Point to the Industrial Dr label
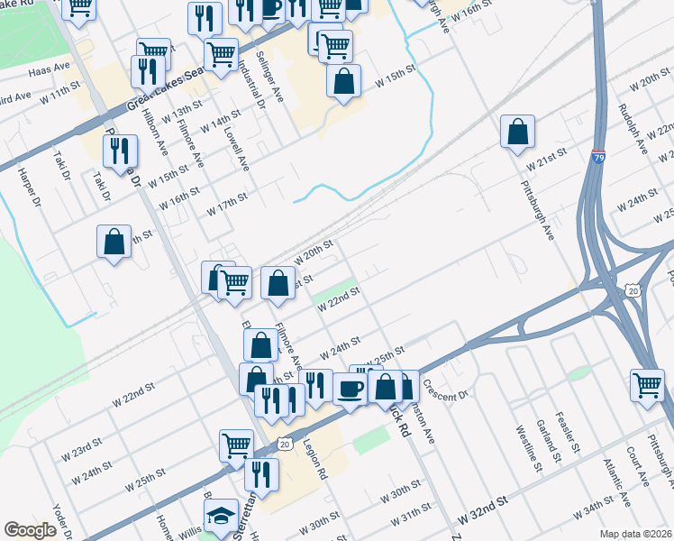251,86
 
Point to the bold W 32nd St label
483,516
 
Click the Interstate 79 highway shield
599,158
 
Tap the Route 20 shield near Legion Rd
285,444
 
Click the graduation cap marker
220,515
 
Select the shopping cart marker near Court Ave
647,384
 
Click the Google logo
30,530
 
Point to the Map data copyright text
635,533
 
